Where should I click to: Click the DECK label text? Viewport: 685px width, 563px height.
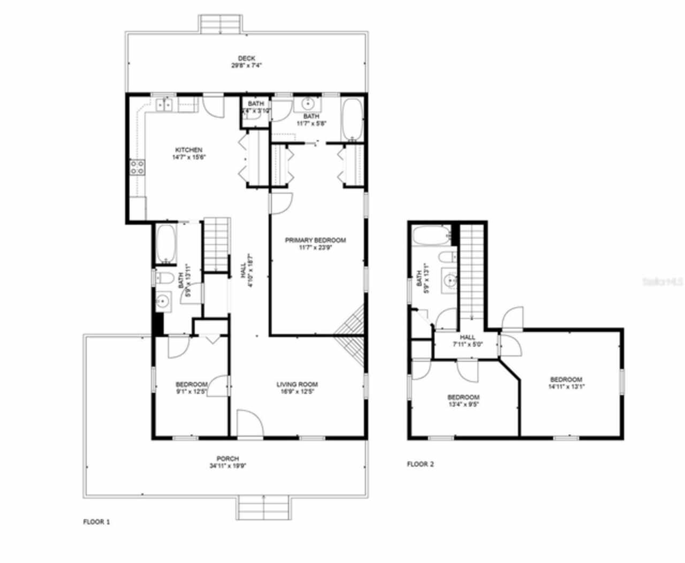246,58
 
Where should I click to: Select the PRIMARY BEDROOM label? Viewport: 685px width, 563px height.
315,240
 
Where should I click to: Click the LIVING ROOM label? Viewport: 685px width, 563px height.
297,384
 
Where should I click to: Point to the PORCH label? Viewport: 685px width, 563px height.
227,459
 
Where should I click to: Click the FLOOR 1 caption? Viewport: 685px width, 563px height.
96,522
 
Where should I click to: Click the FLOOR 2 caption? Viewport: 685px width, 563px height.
420,464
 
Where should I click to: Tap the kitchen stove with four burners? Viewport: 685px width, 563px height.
137,168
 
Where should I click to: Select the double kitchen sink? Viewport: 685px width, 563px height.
164,105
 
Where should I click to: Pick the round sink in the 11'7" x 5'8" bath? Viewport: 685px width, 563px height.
308,103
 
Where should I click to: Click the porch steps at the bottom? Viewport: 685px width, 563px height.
265,507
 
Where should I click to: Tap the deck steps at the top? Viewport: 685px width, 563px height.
221,24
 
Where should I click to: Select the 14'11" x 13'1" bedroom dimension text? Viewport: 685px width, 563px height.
566,386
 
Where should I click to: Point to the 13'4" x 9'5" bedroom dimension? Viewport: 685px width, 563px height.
463,405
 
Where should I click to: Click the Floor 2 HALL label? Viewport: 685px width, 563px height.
467,337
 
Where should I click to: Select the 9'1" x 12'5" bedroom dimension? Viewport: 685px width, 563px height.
191,392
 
